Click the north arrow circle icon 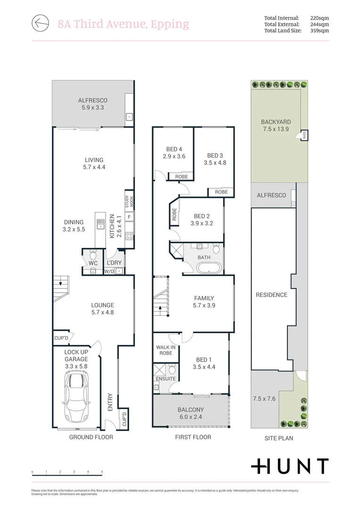41,22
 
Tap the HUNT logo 289,466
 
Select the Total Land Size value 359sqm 319,31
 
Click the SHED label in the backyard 304,135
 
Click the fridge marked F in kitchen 129,217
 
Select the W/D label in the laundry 109,271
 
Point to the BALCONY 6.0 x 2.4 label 191,413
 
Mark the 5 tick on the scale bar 102,472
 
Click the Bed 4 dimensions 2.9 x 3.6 174,156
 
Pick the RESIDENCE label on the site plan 271,295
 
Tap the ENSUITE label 165,378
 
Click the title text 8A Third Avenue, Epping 123,24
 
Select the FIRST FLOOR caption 193,437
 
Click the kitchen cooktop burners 129,237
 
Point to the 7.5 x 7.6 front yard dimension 264,399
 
